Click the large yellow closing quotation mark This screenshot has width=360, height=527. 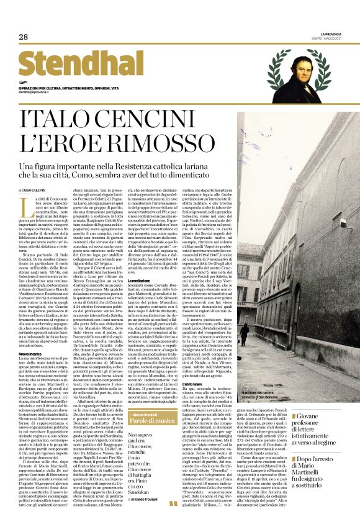pos(173,505)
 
